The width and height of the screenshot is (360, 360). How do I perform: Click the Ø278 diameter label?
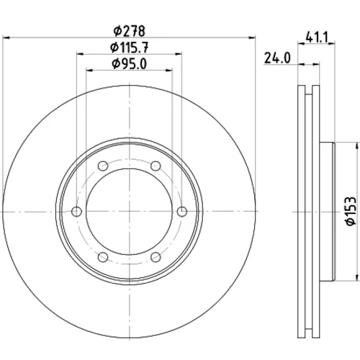130,31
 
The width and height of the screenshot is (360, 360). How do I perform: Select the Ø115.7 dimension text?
130,48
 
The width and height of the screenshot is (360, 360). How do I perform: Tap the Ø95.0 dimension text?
130,64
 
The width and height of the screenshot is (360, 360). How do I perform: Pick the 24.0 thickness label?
277,58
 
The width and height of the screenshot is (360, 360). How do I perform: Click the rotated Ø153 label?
351,211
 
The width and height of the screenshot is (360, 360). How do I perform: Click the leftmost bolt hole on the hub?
76,212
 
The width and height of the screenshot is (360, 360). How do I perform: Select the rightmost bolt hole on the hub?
182,212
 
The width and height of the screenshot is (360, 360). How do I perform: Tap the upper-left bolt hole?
103,166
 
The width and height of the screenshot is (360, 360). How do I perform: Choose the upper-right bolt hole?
156,166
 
